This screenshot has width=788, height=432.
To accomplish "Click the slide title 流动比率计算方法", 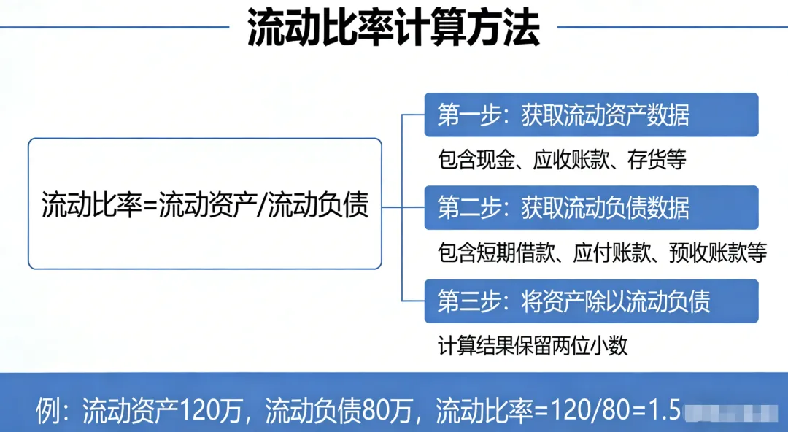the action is pyautogui.click(x=393, y=28).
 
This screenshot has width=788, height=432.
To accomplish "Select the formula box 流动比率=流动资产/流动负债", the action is pyautogui.click(x=205, y=204).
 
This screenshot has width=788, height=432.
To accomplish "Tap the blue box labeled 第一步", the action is pyautogui.click(x=591, y=115).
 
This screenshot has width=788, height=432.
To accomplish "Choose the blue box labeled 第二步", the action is pyautogui.click(x=591, y=208).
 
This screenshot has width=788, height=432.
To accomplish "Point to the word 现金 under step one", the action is pyautogui.click(x=501, y=160).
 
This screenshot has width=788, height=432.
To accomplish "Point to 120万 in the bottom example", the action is pyautogui.click(x=207, y=412).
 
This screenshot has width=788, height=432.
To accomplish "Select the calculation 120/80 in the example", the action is pyautogui.click(x=580, y=412).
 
